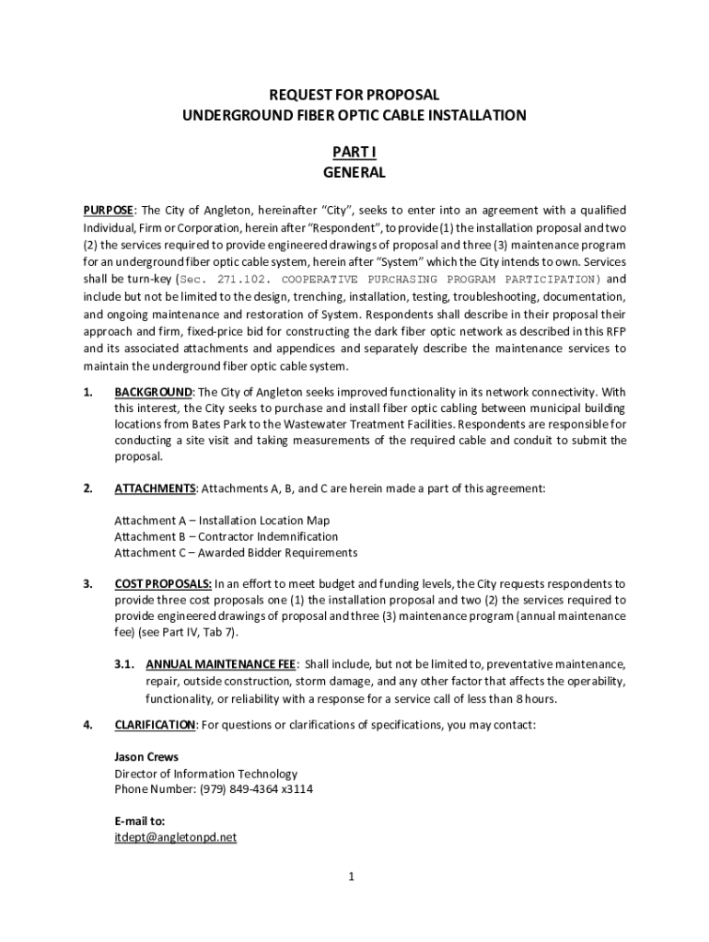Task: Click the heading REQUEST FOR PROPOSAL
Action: click(x=354, y=95)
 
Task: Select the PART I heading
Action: click(x=354, y=152)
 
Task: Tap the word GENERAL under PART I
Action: click(x=354, y=172)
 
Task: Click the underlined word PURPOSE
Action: click(x=109, y=210)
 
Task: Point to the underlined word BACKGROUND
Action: click(x=153, y=392)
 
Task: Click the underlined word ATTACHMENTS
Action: click(x=155, y=488)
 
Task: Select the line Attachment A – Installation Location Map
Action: click(x=222, y=521)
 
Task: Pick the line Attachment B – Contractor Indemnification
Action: click(x=227, y=536)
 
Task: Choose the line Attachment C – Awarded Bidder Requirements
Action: click(x=236, y=553)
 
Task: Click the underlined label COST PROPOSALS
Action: click(x=163, y=584)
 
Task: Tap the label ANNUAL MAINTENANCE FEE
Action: click(x=221, y=664)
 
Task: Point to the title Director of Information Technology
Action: click(x=206, y=774)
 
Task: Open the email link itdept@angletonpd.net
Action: click(x=176, y=838)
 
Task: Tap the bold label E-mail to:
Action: click(x=139, y=821)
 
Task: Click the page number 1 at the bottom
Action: click(x=351, y=877)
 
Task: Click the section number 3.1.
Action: click(x=126, y=664)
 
